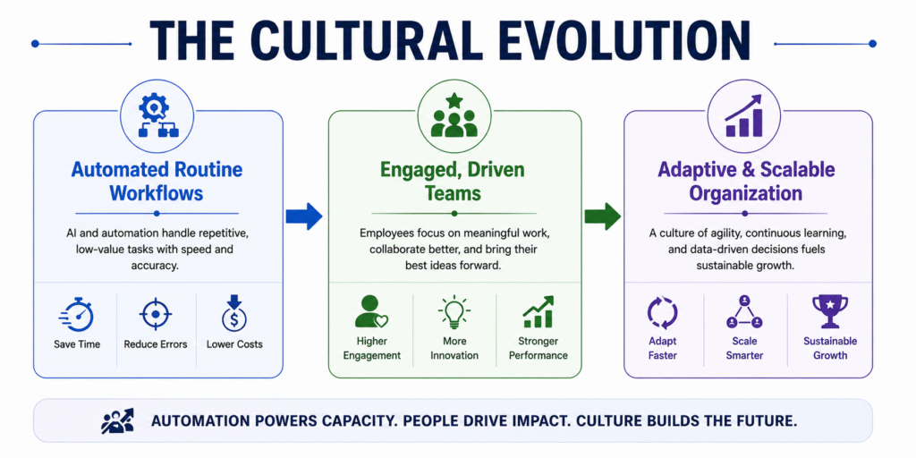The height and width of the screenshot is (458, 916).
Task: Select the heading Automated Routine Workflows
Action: point(157,181)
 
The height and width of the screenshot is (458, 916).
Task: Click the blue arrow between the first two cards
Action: point(304,216)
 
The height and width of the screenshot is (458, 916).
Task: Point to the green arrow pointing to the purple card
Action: point(602,216)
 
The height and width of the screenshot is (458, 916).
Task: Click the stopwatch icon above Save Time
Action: point(77,315)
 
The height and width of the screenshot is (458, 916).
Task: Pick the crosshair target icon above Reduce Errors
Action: point(156,315)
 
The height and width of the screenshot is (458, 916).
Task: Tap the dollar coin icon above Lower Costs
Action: point(234,314)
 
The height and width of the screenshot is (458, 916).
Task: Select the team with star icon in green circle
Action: point(454,115)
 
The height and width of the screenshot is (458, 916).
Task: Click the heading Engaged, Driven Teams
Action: point(453,181)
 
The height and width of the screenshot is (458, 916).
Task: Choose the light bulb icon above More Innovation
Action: point(454,311)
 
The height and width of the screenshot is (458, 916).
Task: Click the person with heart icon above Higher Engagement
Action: point(371,311)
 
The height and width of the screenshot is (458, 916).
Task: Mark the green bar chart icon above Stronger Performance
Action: point(538,311)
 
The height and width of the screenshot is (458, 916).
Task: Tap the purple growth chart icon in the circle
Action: point(743,115)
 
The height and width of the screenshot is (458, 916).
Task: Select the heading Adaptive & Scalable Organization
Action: point(746,181)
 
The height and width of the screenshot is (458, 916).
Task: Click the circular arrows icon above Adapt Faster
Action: point(663,312)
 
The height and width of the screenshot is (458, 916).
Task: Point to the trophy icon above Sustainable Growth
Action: point(830,311)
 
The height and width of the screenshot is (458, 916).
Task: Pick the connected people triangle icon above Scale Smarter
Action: point(744,312)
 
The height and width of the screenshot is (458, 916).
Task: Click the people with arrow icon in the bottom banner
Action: point(117,421)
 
